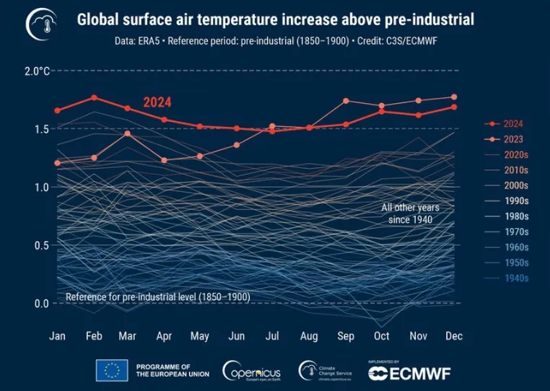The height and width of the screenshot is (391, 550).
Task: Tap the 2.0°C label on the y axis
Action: [x=38, y=71]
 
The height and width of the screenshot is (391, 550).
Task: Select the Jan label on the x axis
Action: [x=57, y=336]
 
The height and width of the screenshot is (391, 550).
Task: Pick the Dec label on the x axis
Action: [x=453, y=336]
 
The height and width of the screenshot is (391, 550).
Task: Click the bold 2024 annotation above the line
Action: [x=157, y=102]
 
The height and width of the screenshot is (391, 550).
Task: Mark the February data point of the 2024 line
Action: [x=94, y=97]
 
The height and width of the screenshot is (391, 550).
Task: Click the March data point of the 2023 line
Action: [x=127, y=133]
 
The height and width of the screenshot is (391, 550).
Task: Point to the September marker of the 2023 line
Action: [x=346, y=101]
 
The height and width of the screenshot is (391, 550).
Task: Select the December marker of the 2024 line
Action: [x=453, y=107]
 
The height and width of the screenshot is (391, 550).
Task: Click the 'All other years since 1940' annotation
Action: [x=410, y=213]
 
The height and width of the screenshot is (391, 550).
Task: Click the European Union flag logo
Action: [x=111, y=370]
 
